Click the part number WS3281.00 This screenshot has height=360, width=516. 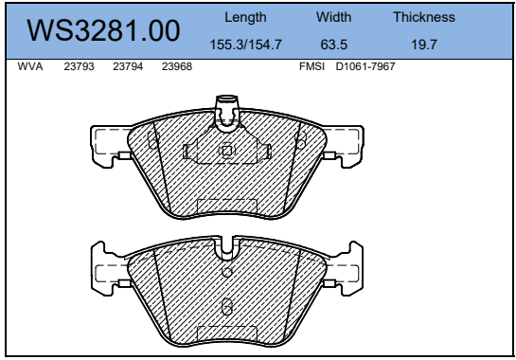[x=103, y=30]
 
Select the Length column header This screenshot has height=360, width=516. [x=245, y=17]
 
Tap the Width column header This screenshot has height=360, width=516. [x=333, y=17]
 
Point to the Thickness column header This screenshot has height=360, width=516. [x=424, y=17]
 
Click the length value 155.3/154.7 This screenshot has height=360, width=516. [x=246, y=45]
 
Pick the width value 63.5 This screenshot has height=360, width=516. [x=333, y=45]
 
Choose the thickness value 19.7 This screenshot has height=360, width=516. [x=424, y=45]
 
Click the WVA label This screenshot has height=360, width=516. [x=30, y=66]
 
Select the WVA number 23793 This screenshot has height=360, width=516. [x=79, y=66]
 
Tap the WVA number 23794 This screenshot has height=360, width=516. [x=128, y=66]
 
